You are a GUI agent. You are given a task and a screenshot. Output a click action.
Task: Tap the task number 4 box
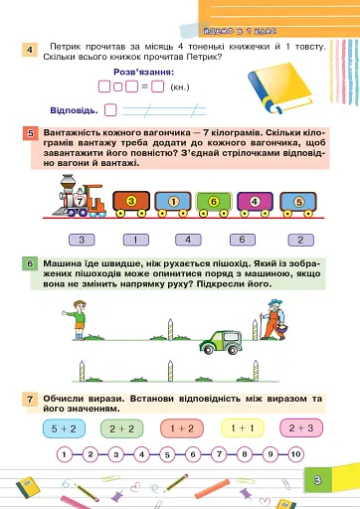31,51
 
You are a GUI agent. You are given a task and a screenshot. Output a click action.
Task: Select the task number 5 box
31,132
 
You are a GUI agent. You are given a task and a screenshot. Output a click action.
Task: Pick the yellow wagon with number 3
132,204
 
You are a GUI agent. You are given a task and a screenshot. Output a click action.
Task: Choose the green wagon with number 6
213,204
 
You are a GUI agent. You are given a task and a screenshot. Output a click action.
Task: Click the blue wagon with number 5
296,204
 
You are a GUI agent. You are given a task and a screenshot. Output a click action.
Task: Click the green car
221,341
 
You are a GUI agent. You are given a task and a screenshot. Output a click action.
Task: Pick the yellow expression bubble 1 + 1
240,428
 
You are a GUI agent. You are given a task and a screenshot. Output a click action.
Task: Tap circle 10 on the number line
295,454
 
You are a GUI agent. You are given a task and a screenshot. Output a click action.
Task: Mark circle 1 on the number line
64,454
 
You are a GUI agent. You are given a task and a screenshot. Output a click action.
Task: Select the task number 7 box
31,399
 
